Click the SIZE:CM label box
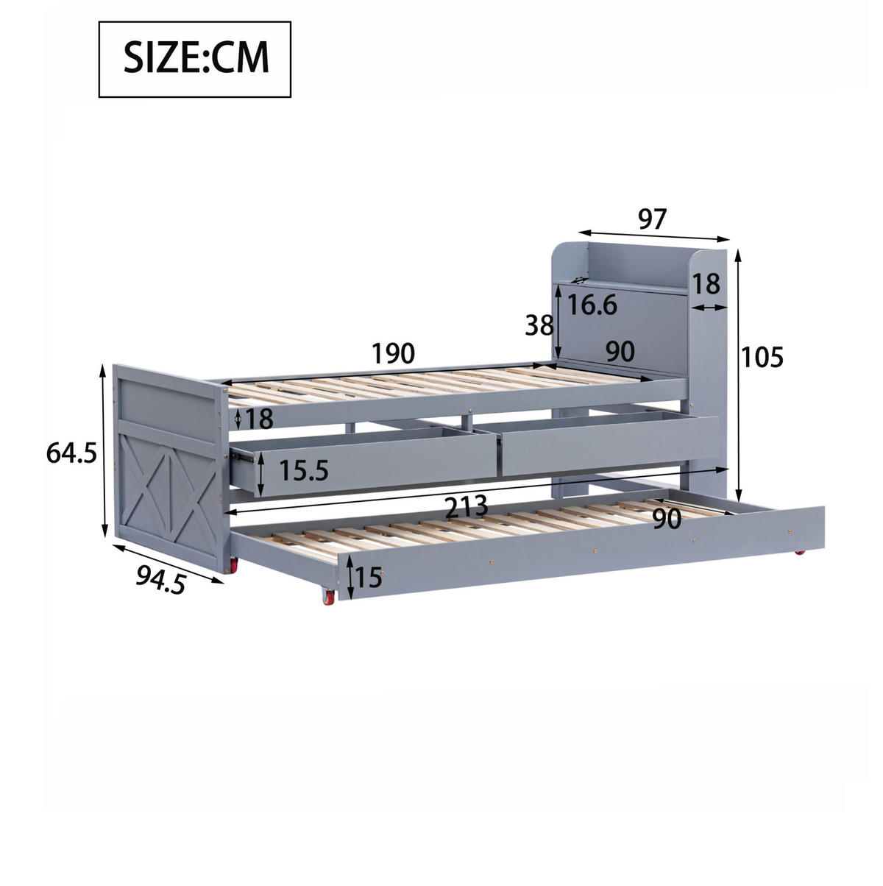(x=194, y=60)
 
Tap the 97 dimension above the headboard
(x=652, y=219)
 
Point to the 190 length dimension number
(x=393, y=353)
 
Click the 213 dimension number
(x=467, y=506)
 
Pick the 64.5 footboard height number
(x=72, y=453)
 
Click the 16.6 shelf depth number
(x=592, y=305)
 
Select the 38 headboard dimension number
(x=539, y=326)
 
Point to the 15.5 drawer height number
(x=304, y=470)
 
